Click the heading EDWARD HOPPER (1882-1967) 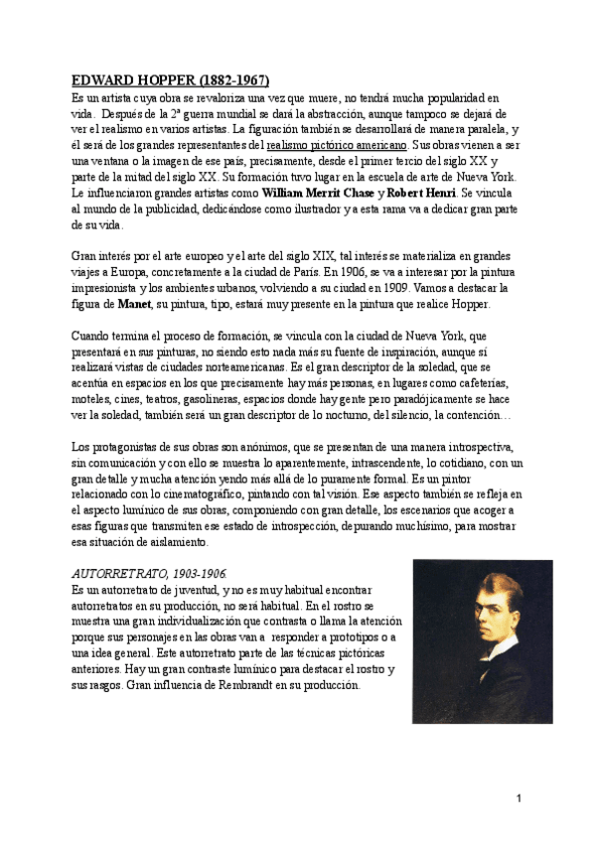pyautogui.click(x=170, y=80)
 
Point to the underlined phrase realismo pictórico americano pyautogui.click(x=337, y=144)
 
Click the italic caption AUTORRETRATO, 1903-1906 pyautogui.click(x=150, y=574)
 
